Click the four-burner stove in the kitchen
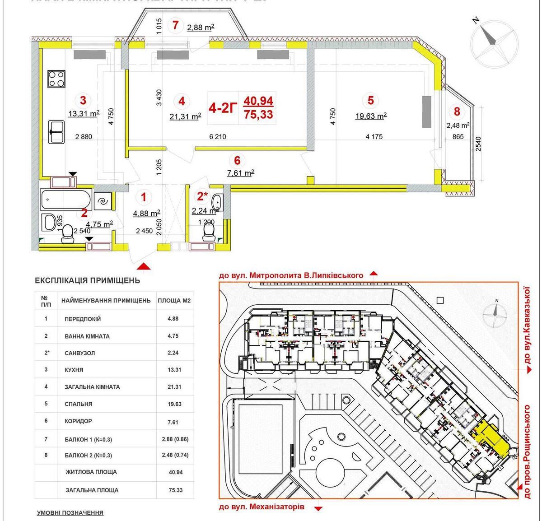57,79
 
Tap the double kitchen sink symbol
57,130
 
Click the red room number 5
371,101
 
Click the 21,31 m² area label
185,116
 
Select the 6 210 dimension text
218,137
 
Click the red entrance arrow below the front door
144,267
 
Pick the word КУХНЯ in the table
74,370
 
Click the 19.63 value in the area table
175,404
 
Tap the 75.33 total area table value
175,490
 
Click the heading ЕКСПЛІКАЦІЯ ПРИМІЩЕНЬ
88,280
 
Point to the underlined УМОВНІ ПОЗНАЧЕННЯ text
70,513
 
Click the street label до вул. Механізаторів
262,507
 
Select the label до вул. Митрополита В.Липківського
291,275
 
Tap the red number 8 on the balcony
457,111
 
